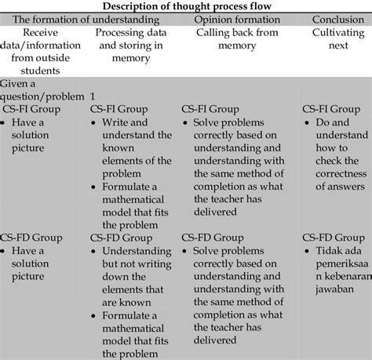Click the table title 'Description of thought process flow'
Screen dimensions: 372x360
[x=187, y=6]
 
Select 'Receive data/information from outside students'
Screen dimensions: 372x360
[x=41, y=52]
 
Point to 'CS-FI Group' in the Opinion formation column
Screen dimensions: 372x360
[x=210, y=109]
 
